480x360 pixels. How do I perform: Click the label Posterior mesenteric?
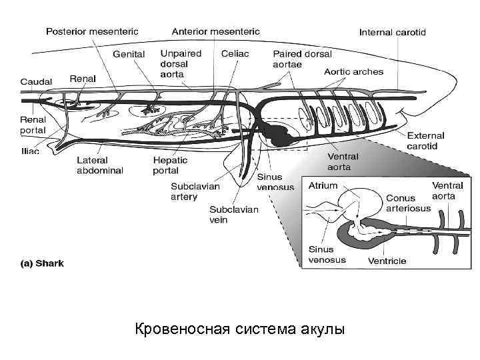click(x=91, y=31)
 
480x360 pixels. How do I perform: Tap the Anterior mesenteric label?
click(x=216, y=31)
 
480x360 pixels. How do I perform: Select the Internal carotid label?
click(x=393, y=31)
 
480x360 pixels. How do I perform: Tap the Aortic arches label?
click(x=353, y=71)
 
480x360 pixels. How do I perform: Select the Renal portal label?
click(x=33, y=125)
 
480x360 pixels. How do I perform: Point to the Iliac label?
click(x=30, y=151)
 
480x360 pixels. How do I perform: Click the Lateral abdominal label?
click(x=100, y=165)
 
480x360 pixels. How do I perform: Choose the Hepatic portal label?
click(x=171, y=165)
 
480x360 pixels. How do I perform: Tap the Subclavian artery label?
click(x=195, y=191)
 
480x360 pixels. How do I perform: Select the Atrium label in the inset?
click(x=323, y=185)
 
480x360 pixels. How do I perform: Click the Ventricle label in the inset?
click(x=387, y=261)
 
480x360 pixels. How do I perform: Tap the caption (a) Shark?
click(x=42, y=263)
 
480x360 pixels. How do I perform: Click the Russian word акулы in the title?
click(x=323, y=329)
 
